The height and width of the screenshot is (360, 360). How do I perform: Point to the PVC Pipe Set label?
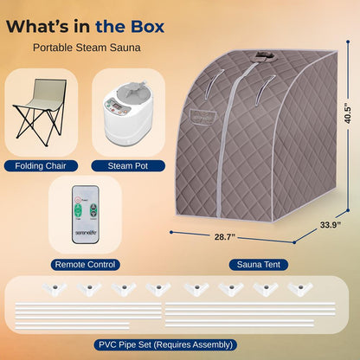(x=180, y=344)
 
